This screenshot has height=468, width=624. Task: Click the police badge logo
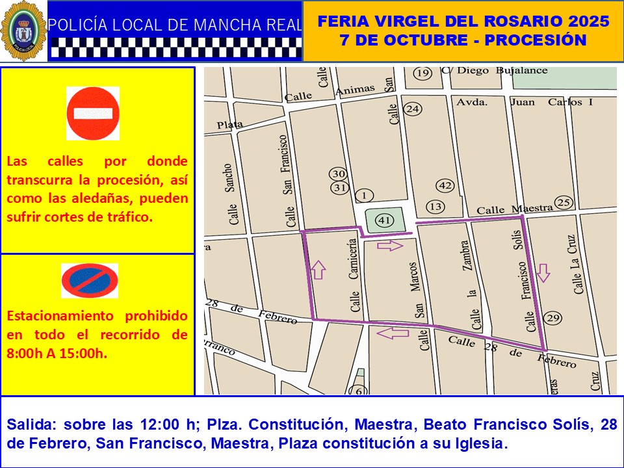[x=23, y=31]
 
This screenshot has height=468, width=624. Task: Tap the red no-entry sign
[x=93, y=113]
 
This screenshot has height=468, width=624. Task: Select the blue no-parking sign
[x=90, y=281]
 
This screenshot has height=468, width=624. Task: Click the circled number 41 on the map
[x=384, y=220]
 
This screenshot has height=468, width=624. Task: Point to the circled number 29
[x=552, y=318]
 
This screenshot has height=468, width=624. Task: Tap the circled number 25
[x=564, y=202]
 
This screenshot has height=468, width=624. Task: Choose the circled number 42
[x=445, y=186]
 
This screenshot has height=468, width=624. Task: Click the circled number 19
[x=423, y=73]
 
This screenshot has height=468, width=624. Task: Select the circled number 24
[x=412, y=109]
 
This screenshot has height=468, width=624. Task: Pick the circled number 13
[x=435, y=207]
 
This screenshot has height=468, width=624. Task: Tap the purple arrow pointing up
[x=318, y=268]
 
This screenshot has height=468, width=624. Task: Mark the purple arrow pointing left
[x=393, y=333]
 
